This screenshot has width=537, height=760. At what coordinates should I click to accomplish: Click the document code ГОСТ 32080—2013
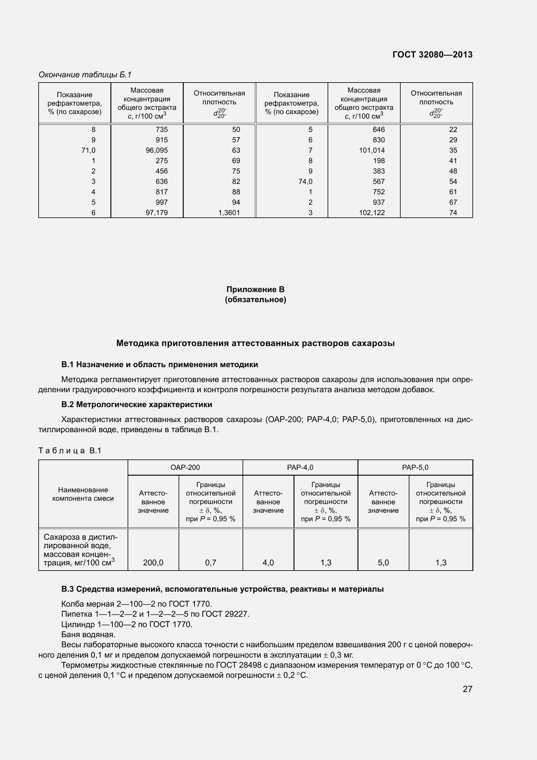tap(432, 55)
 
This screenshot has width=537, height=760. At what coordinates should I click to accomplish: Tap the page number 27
tap(467, 689)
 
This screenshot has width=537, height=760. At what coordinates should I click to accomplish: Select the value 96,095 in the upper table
tap(157, 150)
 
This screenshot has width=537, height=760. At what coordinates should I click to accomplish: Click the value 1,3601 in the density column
tap(229, 213)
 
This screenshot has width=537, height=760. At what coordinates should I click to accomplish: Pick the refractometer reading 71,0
tap(88, 150)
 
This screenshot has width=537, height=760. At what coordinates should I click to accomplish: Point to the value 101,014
tap(372, 150)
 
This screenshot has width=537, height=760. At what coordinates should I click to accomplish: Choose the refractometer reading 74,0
tap(305, 181)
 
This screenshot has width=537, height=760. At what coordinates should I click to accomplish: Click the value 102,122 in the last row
tap(372, 213)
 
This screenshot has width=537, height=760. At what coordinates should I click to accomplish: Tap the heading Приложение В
tap(255, 289)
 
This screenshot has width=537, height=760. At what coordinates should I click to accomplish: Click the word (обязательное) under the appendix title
tap(255, 300)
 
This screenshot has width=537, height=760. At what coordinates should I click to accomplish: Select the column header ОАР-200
tap(185, 467)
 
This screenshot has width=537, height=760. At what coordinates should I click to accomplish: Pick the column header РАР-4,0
tap(300, 467)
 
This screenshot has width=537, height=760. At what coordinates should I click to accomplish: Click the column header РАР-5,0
tap(415, 467)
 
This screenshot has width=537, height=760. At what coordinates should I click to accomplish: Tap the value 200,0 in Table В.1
tap(153, 563)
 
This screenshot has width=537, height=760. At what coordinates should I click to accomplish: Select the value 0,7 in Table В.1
tap(211, 563)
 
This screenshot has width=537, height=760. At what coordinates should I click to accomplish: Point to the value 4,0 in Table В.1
tap(268, 563)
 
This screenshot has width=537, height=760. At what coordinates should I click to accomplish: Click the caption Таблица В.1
tap(70, 450)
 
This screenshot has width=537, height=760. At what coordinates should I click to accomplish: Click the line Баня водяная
tap(88, 635)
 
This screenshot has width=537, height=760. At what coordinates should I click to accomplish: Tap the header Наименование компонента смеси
tap(83, 494)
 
